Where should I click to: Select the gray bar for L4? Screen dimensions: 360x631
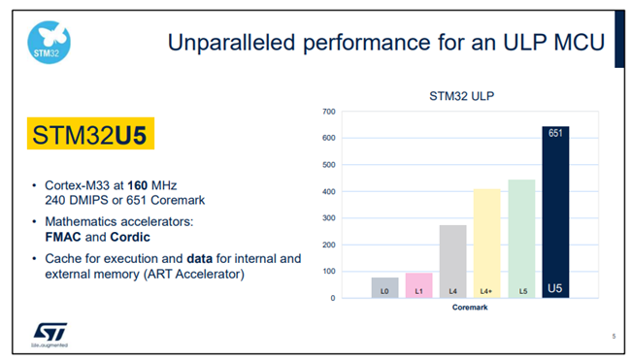(x=452, y=260)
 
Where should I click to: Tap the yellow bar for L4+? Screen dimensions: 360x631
(x=486, y=243)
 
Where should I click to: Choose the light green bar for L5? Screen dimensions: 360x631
(x=521, y=238)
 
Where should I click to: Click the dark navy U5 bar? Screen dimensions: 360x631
(x=555, y=213)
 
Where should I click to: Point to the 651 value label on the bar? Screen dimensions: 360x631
(x=555, y=133)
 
